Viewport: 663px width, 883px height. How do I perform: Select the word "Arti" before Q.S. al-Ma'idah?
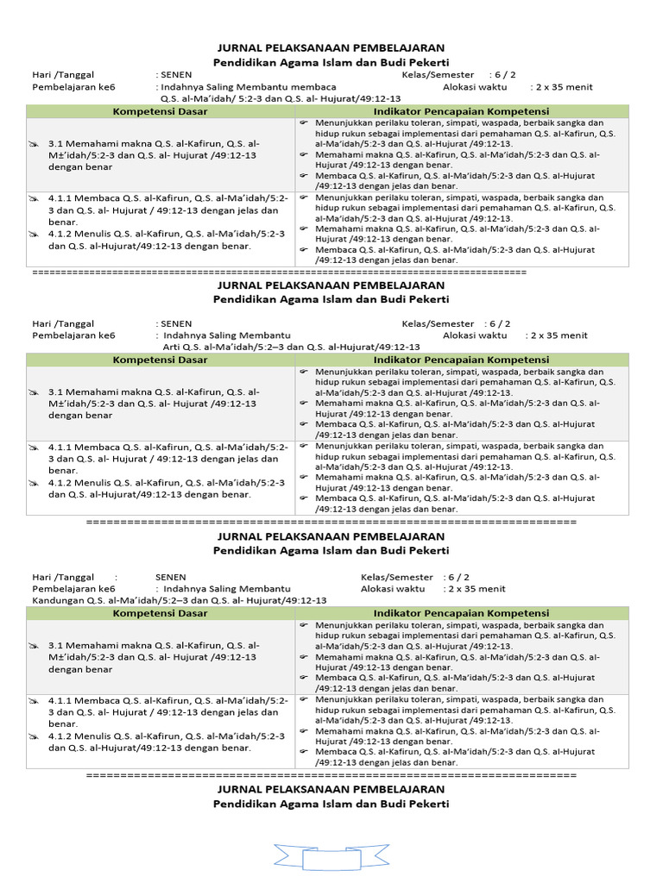pos(172,347)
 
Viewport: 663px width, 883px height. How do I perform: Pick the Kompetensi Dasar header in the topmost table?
pos(160,112)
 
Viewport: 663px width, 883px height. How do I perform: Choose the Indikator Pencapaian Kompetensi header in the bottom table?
pos(461,613)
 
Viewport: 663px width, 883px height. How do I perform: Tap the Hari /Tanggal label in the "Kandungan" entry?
pos(63,577)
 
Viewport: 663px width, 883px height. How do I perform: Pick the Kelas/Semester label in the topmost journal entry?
pos(438,75)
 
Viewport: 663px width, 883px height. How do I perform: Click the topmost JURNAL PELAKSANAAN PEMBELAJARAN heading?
pos(331,48)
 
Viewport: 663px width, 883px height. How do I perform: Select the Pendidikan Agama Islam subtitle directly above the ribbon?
pos(331,804)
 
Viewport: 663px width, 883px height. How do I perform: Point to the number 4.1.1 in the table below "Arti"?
pos(60,448)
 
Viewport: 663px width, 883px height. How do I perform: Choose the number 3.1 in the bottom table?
pos(56,644)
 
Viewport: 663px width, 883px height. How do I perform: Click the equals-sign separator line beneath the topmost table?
pos(278,272)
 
